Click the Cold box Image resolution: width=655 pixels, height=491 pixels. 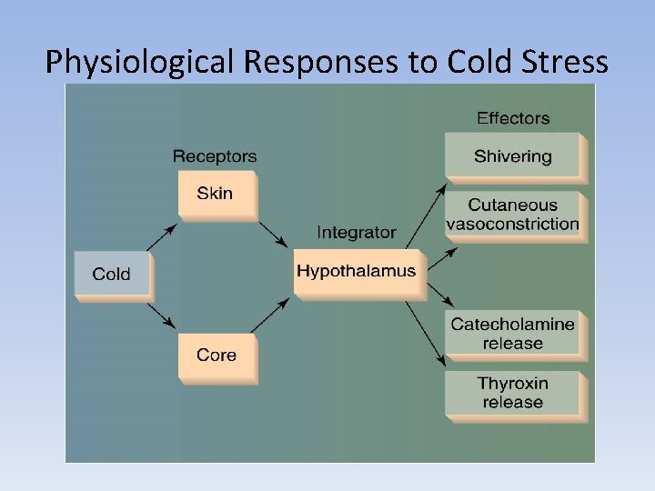coord(112,274)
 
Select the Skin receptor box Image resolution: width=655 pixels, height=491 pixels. coord(216,194)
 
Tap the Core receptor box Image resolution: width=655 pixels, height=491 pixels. coord(217,356)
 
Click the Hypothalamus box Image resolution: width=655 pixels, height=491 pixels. coord(357,271)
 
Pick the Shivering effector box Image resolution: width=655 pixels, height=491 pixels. coord(513,156)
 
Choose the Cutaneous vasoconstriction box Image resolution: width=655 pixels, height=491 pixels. coord(513,215)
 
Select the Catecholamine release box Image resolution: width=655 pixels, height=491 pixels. coord(513,334)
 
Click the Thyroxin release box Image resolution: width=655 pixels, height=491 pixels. coord(513,393)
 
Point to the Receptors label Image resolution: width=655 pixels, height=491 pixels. coord(215,156)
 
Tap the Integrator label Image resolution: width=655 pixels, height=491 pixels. coord(357,233)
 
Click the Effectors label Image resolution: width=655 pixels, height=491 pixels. coord(513,118)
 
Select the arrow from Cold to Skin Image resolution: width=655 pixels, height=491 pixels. coord(162,237)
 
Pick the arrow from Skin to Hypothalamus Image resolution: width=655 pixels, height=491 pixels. coord(274,235)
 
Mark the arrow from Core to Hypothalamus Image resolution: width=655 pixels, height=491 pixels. coord(274,313)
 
